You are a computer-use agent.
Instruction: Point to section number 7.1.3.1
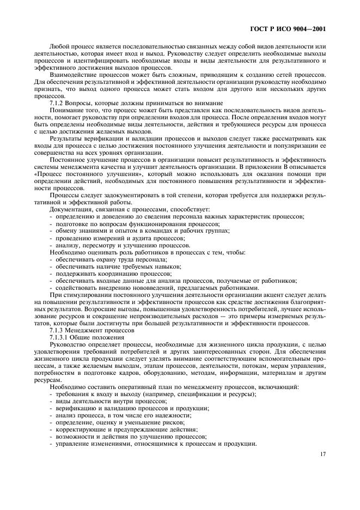(x=62, y=337)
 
